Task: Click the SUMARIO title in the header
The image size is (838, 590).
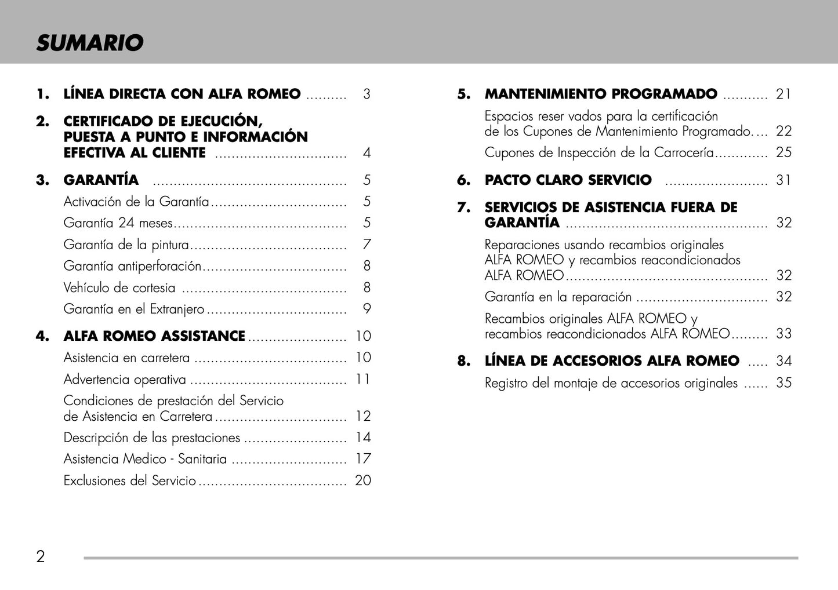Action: pyautogui.click(x=89, y=43)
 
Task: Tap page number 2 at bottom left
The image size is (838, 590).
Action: pyautogui.click(x=41, y=557)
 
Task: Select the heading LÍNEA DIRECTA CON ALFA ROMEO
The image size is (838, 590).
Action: pyautogui.click(x=182, y=94)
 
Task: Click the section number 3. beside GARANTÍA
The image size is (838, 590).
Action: pyautogui.click(x=42, y=180)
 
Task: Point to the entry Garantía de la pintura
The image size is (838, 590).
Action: pyautogui.click(x=126, y=245)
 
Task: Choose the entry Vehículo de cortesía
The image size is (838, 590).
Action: pyautogui.click(x=119, y=287)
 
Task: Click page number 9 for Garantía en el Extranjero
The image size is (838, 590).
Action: pyautogui.click(x=367, y=309)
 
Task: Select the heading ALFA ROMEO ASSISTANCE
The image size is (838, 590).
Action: pyautogui.click(x=154, y=336)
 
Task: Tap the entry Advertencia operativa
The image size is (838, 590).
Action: pyautogui.click(x=125, y=380)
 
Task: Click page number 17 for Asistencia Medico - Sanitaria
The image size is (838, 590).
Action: pyautogui.click(x=363, y=459)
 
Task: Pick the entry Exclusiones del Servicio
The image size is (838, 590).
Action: pyautogui.click(x=129, y=480)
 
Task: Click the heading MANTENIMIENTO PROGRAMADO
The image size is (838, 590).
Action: pyautogui.click(x=601, y=94)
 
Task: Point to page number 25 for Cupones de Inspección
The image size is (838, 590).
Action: pyautogui.click(x=783, y=152)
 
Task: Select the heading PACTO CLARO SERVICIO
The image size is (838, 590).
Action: pyautogui.click(x=568, y=180)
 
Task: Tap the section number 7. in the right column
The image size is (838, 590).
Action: pyautogui.click(x=463, y=207)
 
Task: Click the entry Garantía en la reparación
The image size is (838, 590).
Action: pyautogui.click(x=558, y=297)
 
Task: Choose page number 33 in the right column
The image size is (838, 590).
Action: pyautogui.click(x=783, y=334)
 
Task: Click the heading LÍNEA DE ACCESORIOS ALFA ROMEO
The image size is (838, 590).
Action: pyautogui.click(x=612, y=361)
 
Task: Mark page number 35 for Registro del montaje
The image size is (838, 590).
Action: pyautogui.click(x=783, y=383)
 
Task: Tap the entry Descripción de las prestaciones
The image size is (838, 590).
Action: pyautogui.click(x=151, y=438)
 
